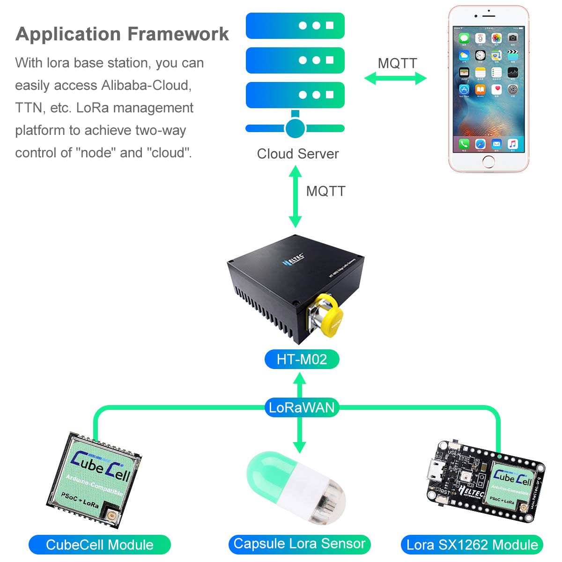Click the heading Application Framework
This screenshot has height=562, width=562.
122,34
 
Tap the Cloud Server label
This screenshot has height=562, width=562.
298,154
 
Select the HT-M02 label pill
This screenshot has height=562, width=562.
302,359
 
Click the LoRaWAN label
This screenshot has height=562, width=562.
302,407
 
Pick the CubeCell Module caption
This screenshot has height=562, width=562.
100,545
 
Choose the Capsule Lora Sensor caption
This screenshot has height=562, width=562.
299,544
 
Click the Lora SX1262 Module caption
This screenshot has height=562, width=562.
472,545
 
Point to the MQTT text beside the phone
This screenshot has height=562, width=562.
397,63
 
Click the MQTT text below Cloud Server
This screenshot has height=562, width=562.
325,191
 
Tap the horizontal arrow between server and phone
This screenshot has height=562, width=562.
395,78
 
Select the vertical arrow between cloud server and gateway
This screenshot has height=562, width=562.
295,197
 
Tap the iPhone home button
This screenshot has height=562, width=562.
488,162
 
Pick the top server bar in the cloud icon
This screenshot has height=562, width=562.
295,26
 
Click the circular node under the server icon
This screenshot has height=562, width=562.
295,128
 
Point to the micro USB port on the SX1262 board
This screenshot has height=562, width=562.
439,467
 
